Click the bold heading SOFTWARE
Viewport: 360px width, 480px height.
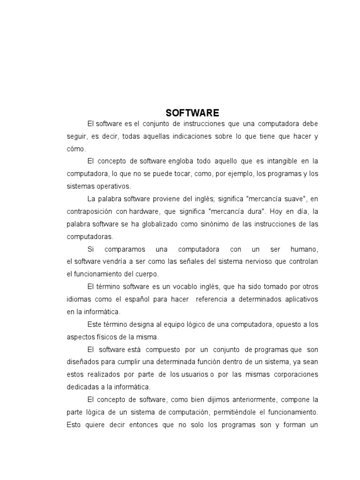192,113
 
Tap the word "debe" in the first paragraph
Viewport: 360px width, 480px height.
309,124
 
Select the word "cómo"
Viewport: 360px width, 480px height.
76,149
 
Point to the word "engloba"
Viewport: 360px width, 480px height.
182,161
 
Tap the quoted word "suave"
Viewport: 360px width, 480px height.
296,198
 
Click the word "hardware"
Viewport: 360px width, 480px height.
145,211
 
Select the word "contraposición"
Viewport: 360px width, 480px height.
90,211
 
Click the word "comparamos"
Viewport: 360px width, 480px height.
124,248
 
